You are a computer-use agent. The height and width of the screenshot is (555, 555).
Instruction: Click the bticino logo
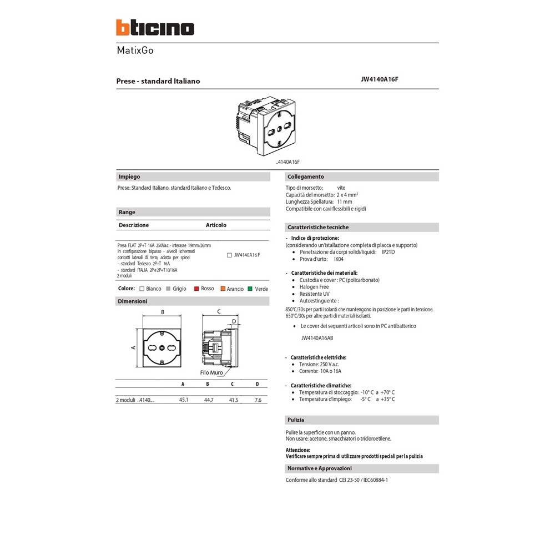pos(155,28)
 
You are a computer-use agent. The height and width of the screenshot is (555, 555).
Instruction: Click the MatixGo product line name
pos(135,51)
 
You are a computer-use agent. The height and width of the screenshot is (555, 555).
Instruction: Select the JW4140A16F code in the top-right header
pos(380,79)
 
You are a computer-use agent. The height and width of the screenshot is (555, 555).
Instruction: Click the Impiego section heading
pos(129,177)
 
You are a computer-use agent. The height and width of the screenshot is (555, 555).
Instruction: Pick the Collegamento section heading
pos(305,177)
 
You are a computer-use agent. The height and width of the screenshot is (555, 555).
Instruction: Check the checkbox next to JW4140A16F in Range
pos(230,255)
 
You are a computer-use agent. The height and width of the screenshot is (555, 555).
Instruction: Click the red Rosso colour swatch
pos(196,289)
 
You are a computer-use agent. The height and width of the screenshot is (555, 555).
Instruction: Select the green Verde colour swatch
pos(250,289)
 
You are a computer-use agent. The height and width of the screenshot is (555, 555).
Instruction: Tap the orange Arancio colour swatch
pos(223,289)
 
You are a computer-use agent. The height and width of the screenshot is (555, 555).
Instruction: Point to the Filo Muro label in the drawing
pos(211,373)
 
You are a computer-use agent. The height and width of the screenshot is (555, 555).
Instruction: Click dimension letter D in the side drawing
pos(234,321)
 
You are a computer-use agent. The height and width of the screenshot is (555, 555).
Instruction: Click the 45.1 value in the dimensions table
pos(184,400)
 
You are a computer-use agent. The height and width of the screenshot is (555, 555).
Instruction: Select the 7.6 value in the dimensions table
pos(258,400)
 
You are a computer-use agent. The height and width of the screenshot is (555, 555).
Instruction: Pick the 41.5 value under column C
pos(233,400)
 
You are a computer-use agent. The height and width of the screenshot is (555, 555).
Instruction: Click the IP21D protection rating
pos(388,252)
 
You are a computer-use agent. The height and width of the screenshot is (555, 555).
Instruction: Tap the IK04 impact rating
pos(339,259)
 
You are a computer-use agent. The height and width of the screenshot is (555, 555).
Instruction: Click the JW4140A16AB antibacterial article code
pos(317,337)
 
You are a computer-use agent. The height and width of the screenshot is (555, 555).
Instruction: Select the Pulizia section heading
pos(295,420)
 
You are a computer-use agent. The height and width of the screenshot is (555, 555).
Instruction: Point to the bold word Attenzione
pos(298,450)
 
